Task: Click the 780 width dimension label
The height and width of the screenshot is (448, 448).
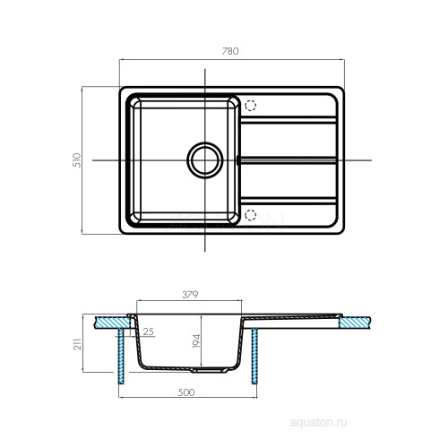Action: (230, 51)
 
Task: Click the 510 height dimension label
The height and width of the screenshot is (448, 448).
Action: (77, 160)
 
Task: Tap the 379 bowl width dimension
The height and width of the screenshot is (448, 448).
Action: (190, 295)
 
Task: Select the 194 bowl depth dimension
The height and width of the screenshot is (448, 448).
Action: (196, 340)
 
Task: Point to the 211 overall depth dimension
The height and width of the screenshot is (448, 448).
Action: (77, 344)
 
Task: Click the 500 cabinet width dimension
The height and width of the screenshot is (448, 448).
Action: (185, 392)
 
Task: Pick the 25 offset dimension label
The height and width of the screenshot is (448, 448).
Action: (148, 332)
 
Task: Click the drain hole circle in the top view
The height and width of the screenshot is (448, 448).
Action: (205, 160)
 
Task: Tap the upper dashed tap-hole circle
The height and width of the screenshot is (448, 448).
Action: (250, 106)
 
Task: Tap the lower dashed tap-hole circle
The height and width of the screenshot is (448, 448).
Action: (250, 215)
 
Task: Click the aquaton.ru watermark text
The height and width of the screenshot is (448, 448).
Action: (318, 423)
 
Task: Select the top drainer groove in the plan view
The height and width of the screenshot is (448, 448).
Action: (289, 119)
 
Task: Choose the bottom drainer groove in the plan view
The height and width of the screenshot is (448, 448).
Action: (289, 201)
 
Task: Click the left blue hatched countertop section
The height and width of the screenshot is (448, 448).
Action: (112, 323)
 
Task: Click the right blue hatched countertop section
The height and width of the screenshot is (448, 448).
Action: (355, 323)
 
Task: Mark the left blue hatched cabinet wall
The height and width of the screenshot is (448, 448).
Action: (121, 356)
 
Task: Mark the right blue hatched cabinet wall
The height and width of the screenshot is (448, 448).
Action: (254, 356)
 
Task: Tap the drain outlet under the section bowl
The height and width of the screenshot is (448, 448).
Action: (210, 370)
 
